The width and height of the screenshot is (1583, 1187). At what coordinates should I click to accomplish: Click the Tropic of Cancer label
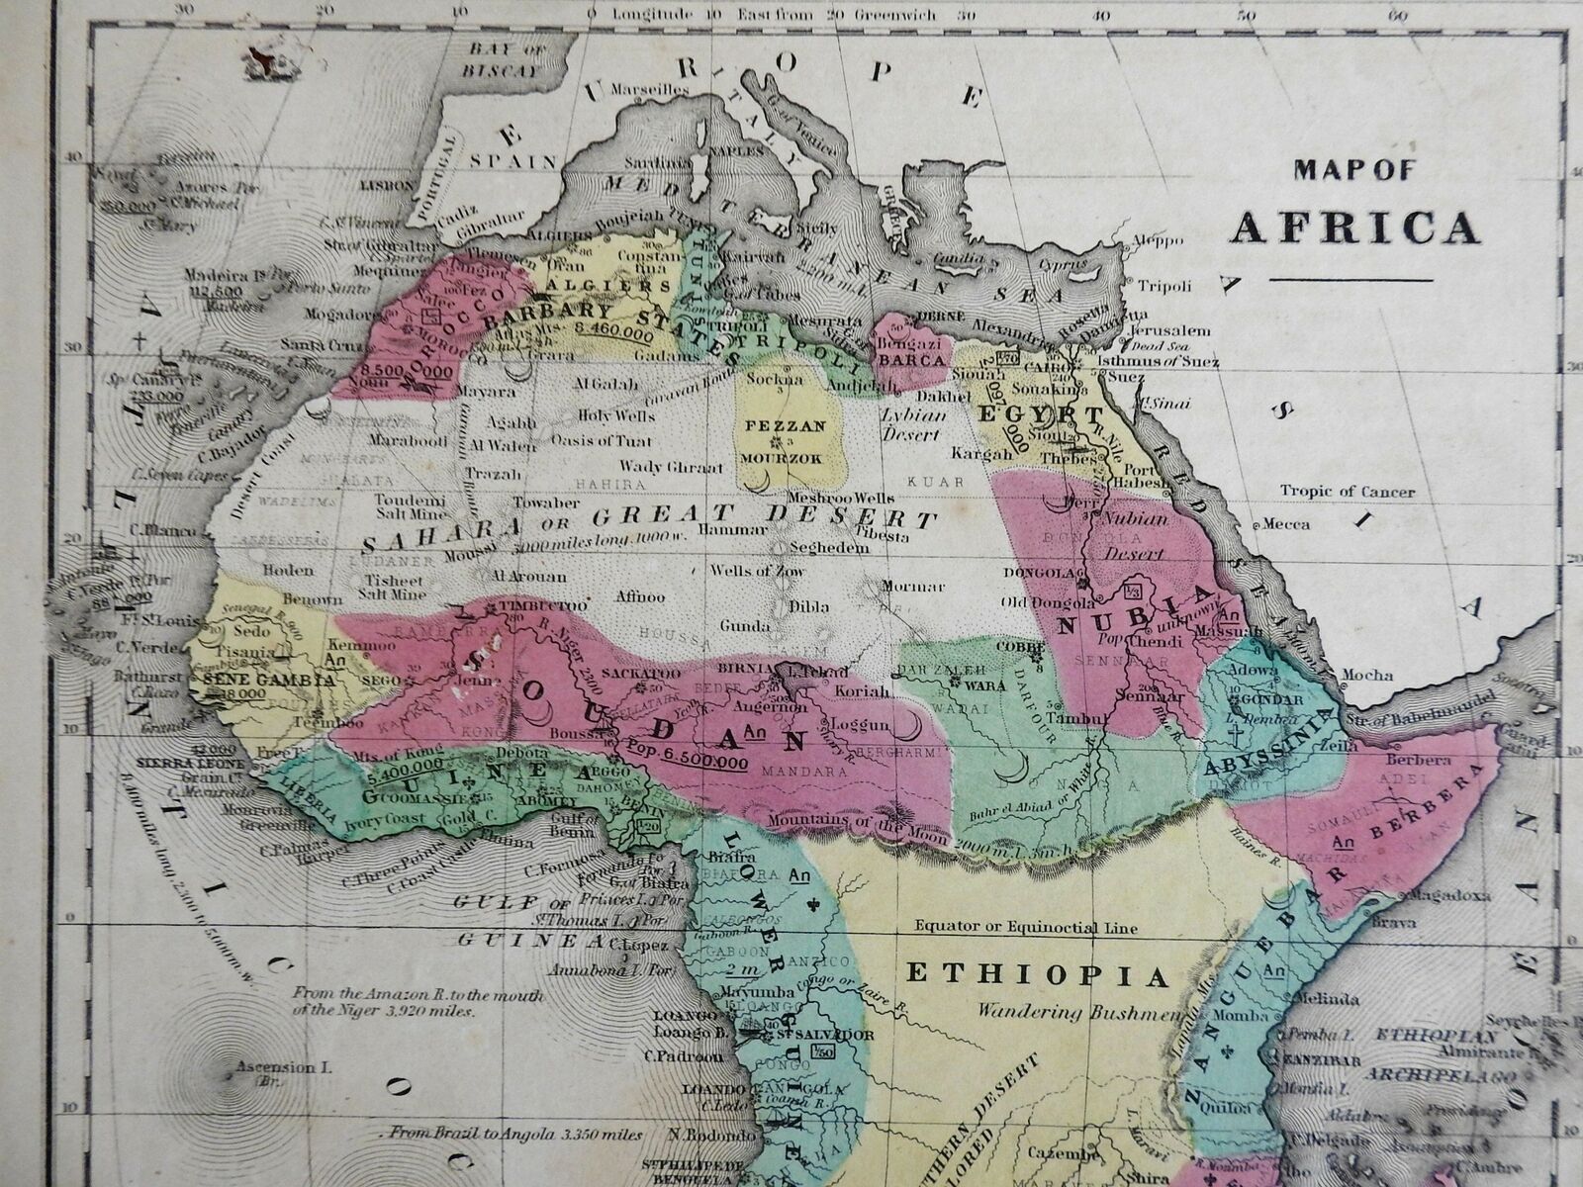[1347, 492]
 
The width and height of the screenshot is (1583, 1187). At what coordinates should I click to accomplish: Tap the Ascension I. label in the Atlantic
[269, 1067]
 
